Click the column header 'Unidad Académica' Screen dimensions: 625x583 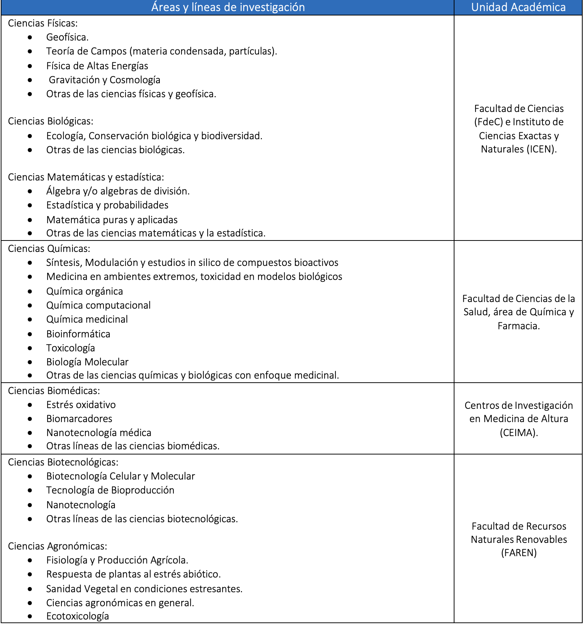[518, 7]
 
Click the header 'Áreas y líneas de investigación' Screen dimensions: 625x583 [228, 7]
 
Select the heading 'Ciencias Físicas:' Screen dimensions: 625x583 [43, 23]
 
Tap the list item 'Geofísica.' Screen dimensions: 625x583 [67, 37]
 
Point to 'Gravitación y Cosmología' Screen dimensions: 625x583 [105, 80]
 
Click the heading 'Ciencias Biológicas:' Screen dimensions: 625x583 [51, 121]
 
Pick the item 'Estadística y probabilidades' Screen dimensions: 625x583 [107, 205]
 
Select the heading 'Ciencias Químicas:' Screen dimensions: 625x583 [49, 249]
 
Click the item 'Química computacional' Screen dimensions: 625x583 [98, 305]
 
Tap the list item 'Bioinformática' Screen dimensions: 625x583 [78, 334]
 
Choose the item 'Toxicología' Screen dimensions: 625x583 [71, 348]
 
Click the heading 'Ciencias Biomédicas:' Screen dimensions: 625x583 [54, 391]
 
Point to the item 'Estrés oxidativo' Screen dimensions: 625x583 [81, 405]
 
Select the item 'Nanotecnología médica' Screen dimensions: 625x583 [99, 433]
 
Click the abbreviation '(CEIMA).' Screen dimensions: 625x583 [519, 433]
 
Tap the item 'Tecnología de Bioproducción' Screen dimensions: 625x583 [110, 490]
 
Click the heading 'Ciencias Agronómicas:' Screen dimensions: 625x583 [57, 546]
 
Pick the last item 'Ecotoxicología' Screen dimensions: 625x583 [78, 616]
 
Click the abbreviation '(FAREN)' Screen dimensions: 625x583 [519, 553]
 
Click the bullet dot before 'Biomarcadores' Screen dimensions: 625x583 [30, 419]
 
